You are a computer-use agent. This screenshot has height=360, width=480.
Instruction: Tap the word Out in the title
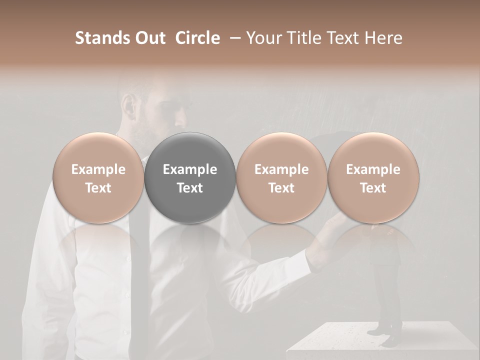tap(149, 38)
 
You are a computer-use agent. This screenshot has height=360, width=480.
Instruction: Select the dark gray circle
tap(190, 177)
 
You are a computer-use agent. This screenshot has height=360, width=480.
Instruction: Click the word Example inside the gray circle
tap(190, 169)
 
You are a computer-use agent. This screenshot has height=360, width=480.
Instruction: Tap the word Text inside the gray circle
tap(190, 188)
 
